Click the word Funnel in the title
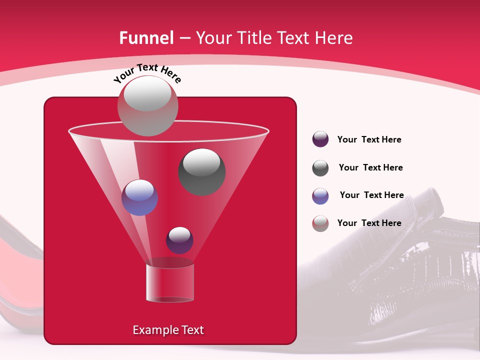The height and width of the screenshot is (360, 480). coord(146,38)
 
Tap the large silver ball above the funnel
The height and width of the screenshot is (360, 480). coord(147,106)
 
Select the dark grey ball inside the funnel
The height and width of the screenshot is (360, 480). coord(202,171)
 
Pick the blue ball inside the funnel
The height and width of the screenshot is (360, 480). coord(139,197)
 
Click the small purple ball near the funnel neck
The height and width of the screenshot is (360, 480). coord(179,240)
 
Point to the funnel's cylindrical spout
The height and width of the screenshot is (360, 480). coord(169,283)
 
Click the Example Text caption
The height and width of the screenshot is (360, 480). coord(168,330)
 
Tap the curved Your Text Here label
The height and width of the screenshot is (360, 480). coord(147,73)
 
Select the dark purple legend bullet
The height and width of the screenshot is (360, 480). coord(320,139)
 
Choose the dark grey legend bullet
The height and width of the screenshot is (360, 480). coord(320,168)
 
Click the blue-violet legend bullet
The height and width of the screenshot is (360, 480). coord(320,196)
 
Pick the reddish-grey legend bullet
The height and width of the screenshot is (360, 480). coord(320,223)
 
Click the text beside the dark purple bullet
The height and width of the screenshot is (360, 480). coord(369,139)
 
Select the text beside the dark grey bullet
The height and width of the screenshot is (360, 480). coord(370,167)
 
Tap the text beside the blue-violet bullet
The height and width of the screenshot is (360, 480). coord(371,195)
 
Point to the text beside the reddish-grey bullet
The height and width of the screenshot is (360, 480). coord(369,223)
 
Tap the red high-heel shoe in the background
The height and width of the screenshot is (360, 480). coord(20,270)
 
